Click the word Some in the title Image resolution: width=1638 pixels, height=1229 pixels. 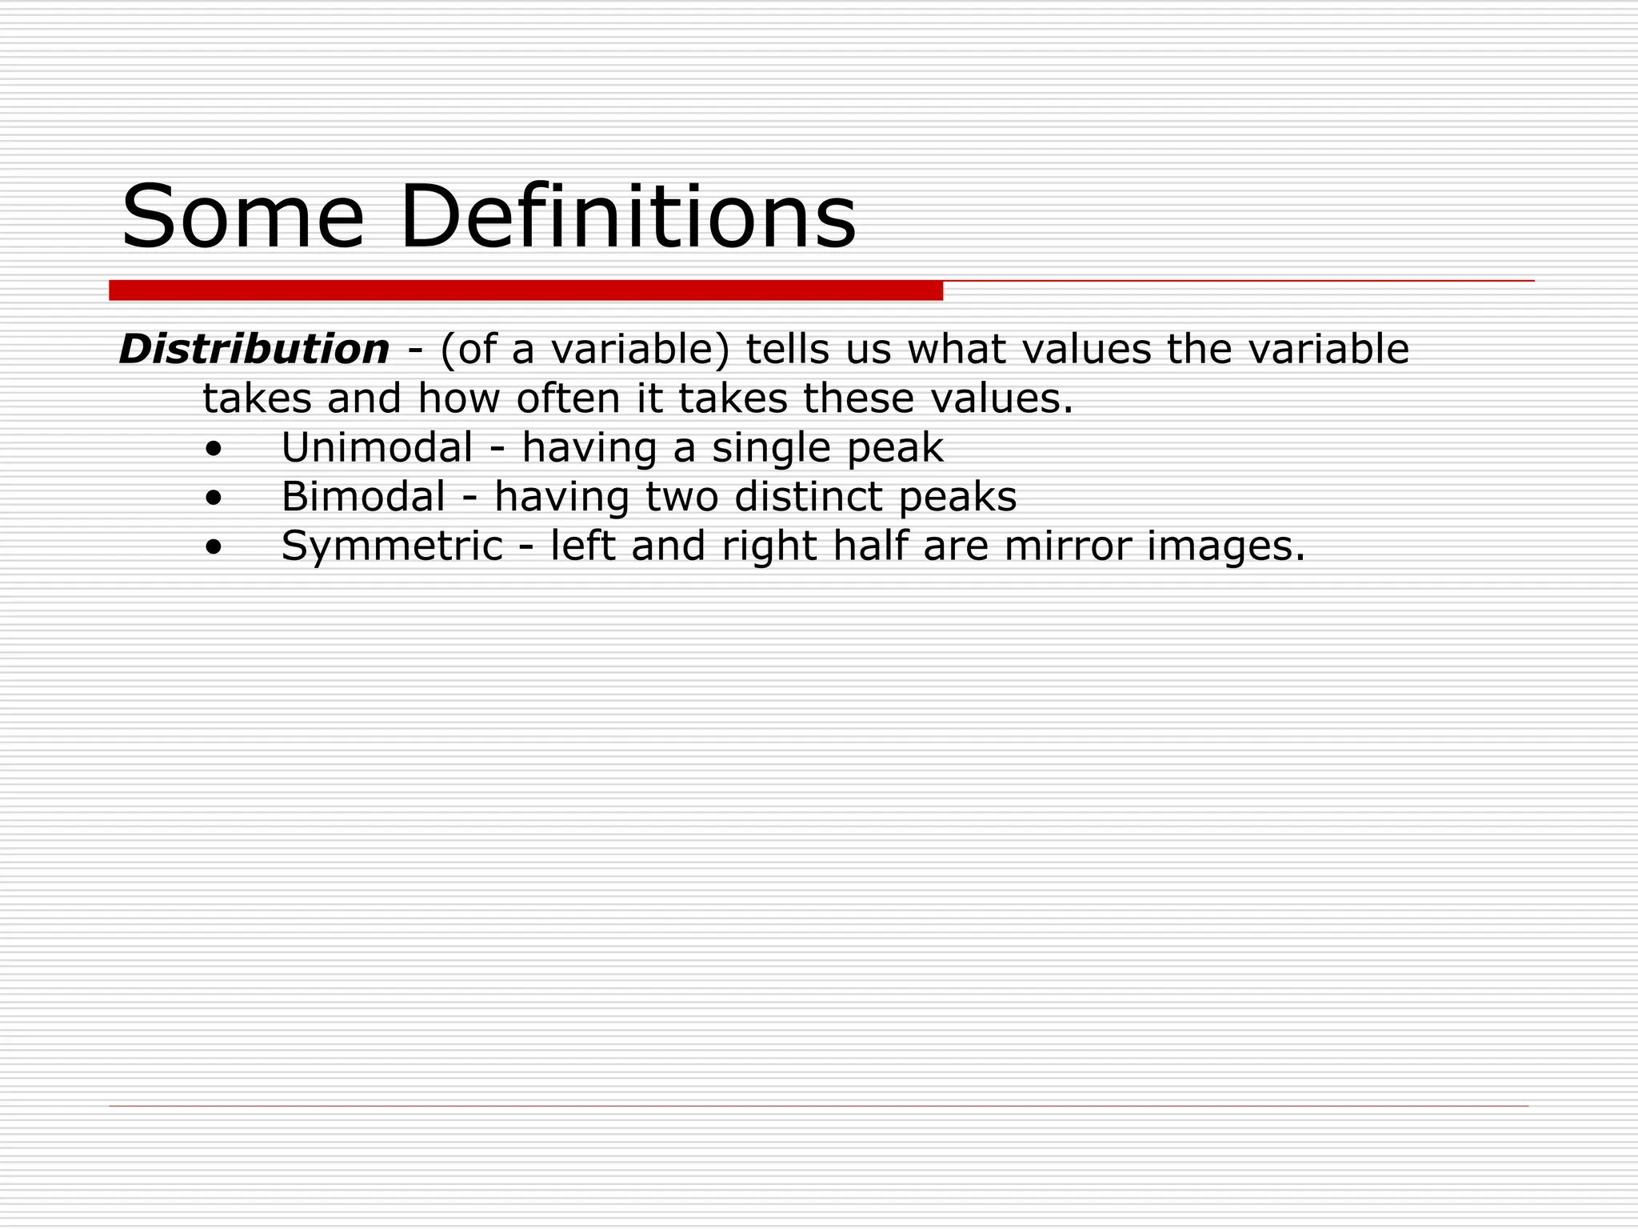242,217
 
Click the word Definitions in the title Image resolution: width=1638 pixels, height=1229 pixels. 628,217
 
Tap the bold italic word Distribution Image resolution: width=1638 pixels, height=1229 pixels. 254,350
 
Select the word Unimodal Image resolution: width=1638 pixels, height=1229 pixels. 377,447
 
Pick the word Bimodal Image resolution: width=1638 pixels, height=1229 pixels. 363,497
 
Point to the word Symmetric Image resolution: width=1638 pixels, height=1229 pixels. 392,546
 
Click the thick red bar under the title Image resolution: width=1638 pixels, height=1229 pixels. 525,290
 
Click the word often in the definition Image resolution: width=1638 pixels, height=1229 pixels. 568,398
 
